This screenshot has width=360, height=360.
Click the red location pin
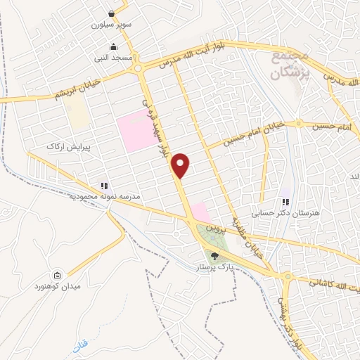point(181,165)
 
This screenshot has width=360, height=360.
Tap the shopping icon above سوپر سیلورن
point(111,13)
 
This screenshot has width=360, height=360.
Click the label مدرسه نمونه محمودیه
point(103,198)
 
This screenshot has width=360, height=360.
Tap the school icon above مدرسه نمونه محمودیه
point(104,186)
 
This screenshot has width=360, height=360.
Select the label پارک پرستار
point(214,268)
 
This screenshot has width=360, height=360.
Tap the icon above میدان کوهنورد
point(57,275)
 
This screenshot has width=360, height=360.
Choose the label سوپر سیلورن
point(111,25)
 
